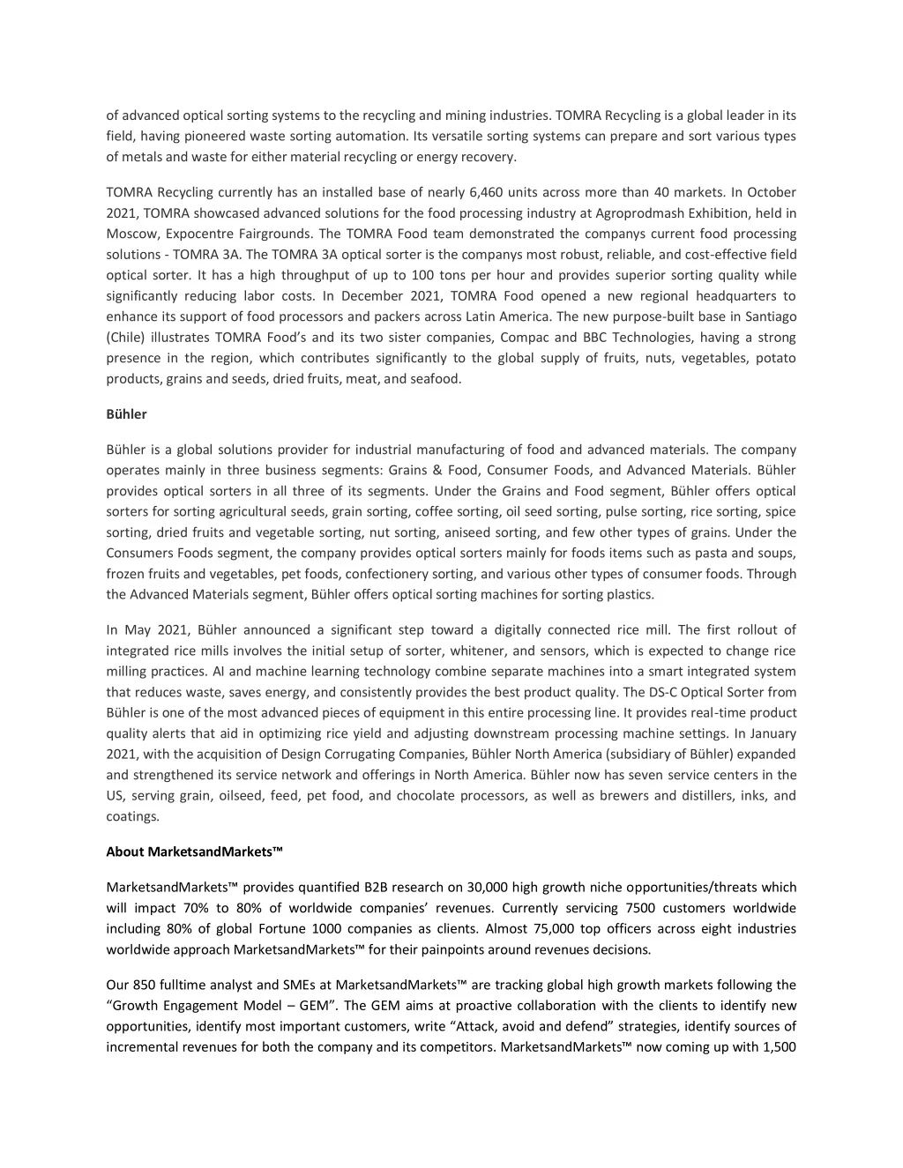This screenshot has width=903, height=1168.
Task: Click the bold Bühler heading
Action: pos(126,414)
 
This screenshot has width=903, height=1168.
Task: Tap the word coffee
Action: pos(435,512)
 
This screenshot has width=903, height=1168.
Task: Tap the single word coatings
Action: pos(132,816)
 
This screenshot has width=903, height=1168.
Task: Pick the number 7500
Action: pos(639,908)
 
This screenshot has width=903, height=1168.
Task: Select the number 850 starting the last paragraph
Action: pos(143,985)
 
